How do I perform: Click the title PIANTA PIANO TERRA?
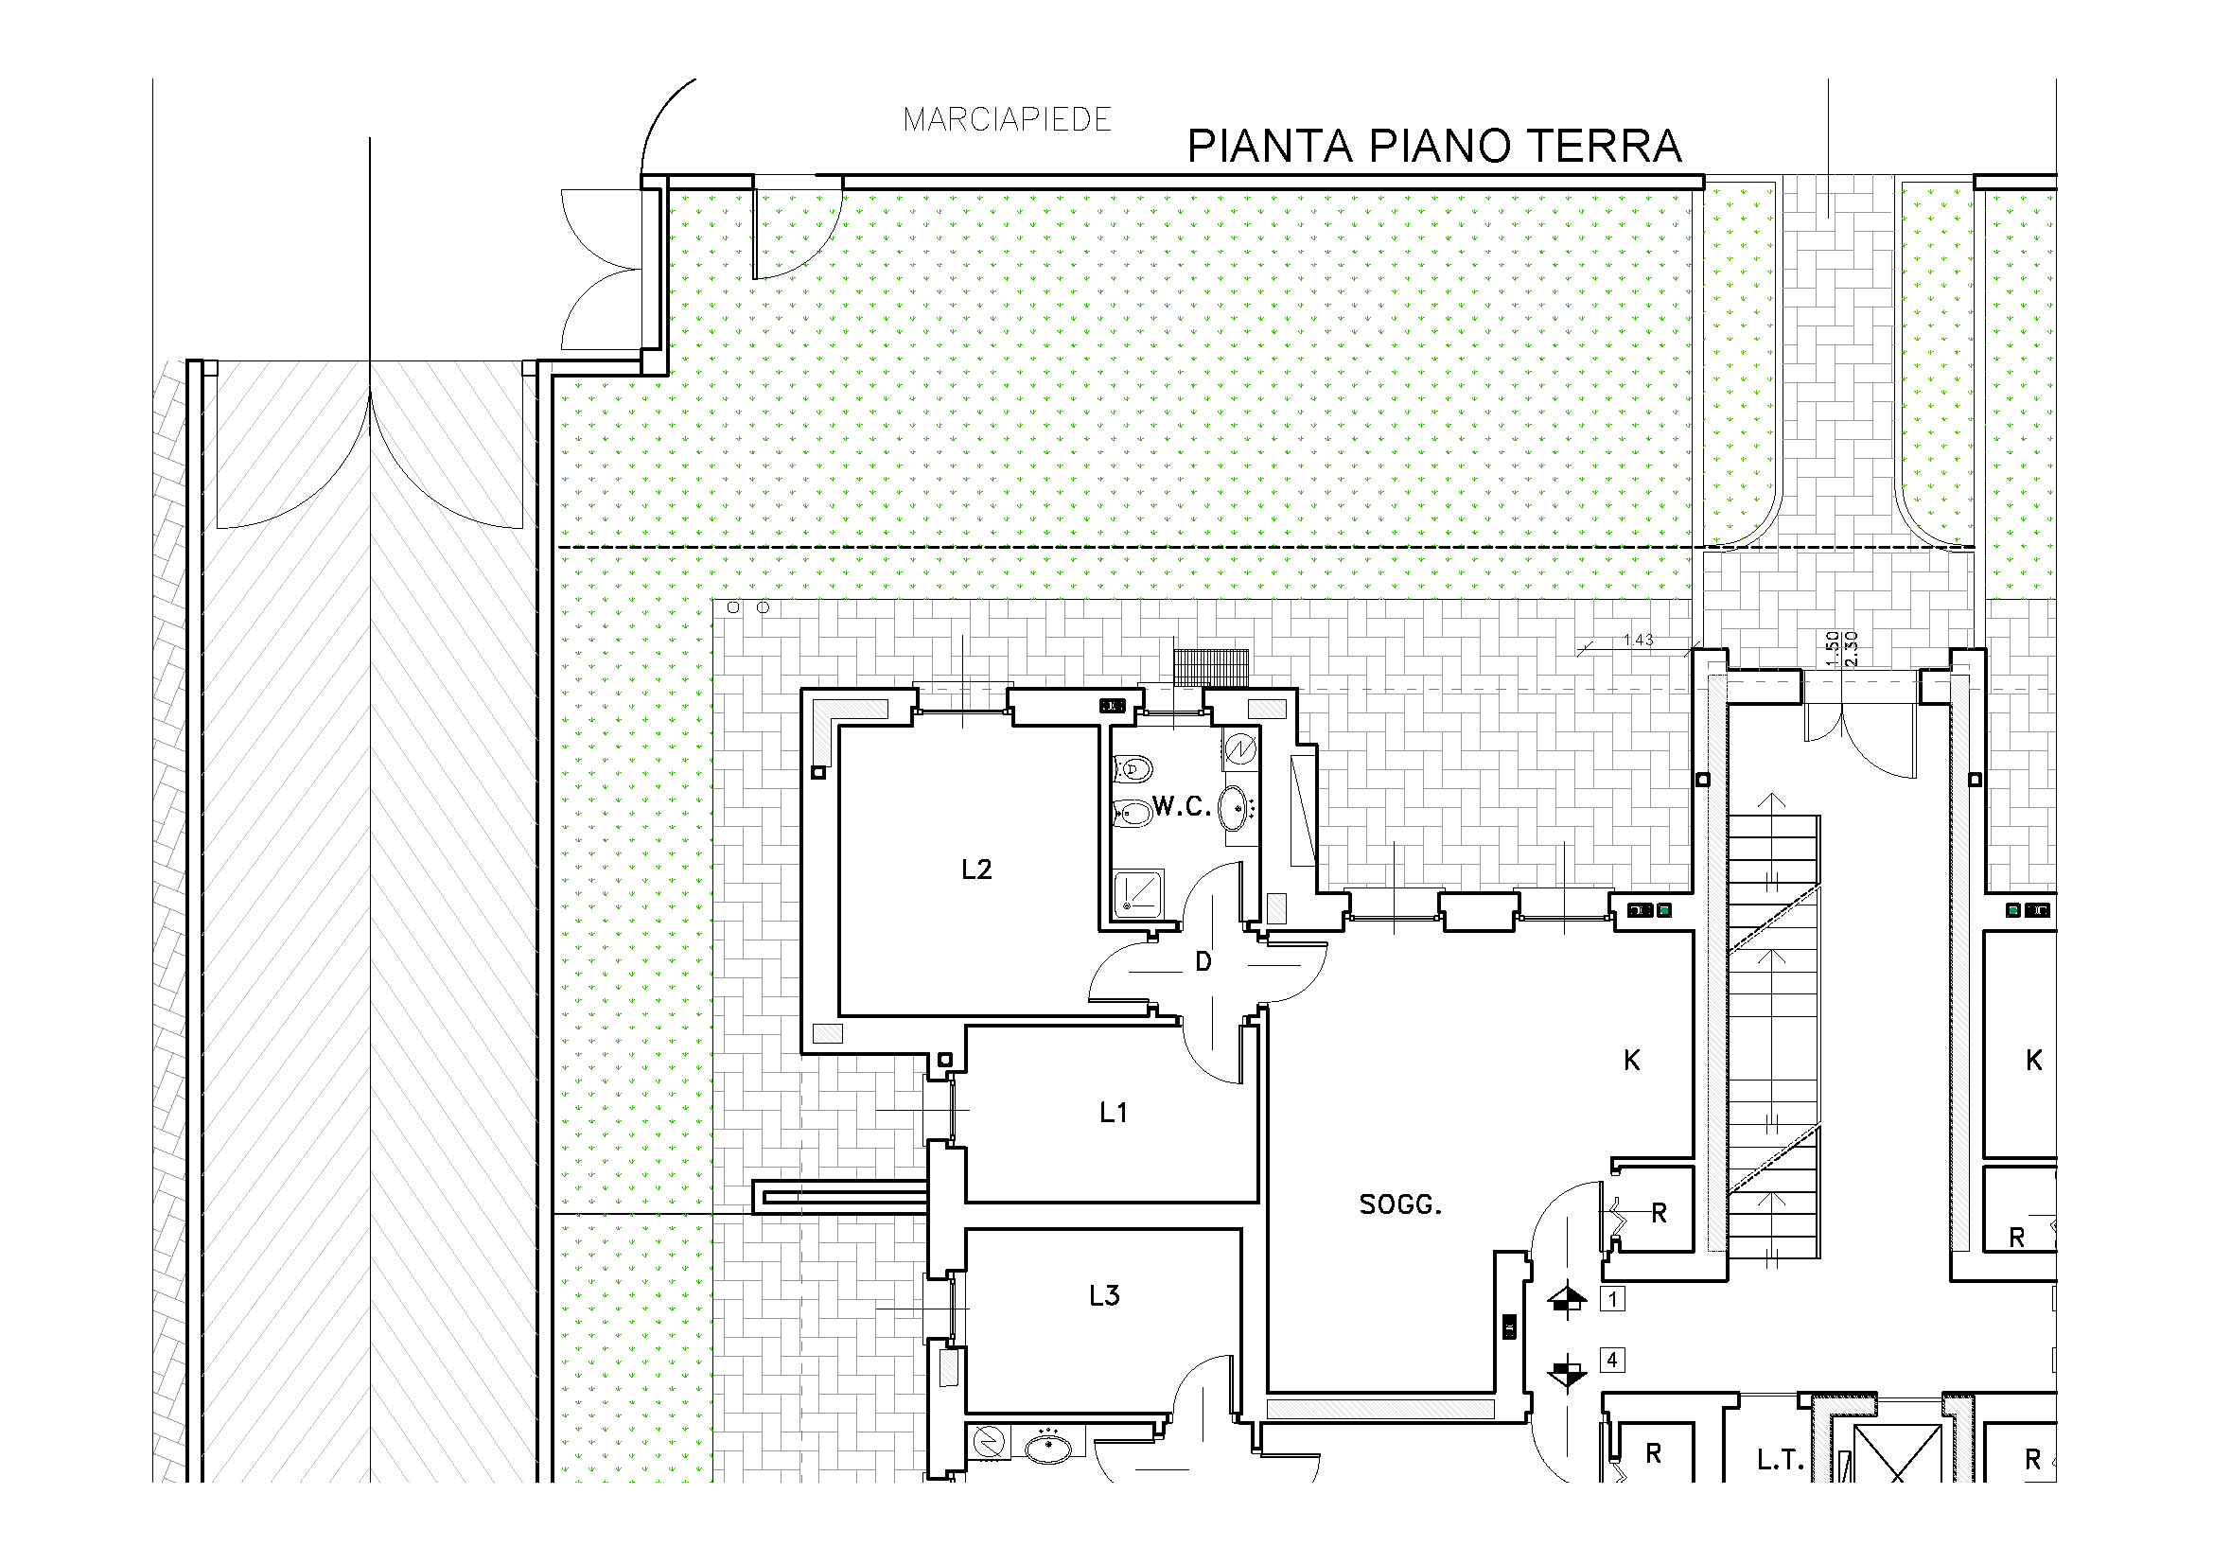pos(1434,147)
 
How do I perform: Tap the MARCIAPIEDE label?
pos(1008,119)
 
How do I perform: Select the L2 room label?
pos(976,870)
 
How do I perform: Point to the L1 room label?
pos(1114,1113)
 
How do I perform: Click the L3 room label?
pos(1104,1296)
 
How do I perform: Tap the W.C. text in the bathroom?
pos(1182,806)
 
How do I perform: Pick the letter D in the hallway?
pos(1203,960)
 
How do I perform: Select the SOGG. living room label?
pos(1400,1204)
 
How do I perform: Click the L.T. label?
pos(1781,1461)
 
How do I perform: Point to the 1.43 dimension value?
pos(1639,640)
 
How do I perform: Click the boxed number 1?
pos(1612,1298)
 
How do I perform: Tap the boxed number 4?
pos(1612,1360)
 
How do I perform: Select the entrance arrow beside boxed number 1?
pos(1567,1300)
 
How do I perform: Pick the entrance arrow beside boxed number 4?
pos(1567,1371)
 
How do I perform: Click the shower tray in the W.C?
pos(1138,893)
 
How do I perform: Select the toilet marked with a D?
pos(1133,769)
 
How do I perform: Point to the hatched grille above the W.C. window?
pos(1211,667)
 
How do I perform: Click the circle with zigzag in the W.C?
pos(1240,747)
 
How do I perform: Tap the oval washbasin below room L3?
pos(1047,1448)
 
